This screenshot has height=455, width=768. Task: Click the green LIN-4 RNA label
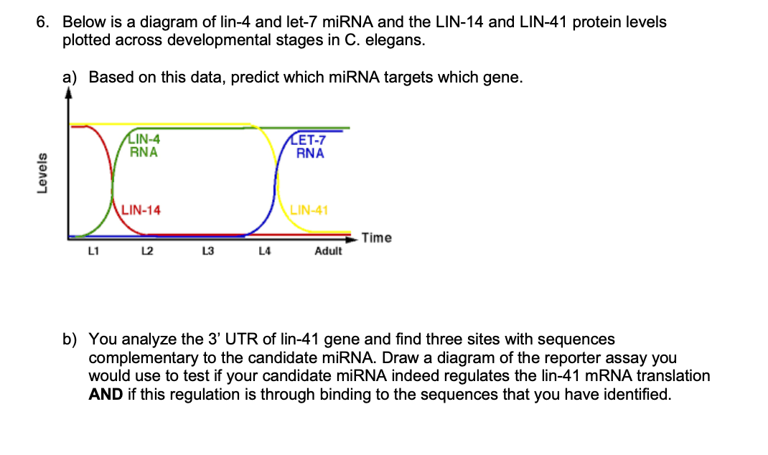tap(144, 146)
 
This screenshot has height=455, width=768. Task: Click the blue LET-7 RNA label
tap(310, 147)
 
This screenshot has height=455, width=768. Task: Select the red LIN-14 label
tap(141, 210)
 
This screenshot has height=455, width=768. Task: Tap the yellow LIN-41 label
tap(309, 210)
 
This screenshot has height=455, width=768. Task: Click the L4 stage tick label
tap(264, 250)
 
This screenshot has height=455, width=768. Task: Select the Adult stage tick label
tap(328, 251)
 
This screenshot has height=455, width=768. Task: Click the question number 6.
tap(43, 22)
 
